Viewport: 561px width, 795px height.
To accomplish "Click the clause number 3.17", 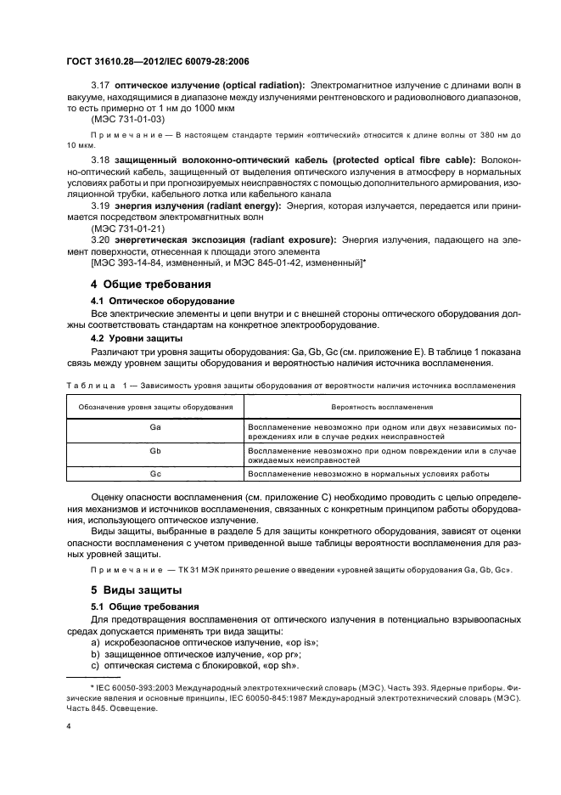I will tap(101, 87).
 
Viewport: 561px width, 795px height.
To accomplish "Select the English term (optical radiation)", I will tap(254, 87).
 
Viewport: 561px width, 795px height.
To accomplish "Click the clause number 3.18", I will tap(101, 159).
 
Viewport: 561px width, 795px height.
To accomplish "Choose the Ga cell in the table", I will tap(155, 428).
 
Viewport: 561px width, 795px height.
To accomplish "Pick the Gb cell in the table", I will tap(155, 451).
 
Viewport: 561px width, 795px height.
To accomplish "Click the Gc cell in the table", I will tap(155, 474).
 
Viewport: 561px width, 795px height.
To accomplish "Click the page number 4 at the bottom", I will tap(69, 727).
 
